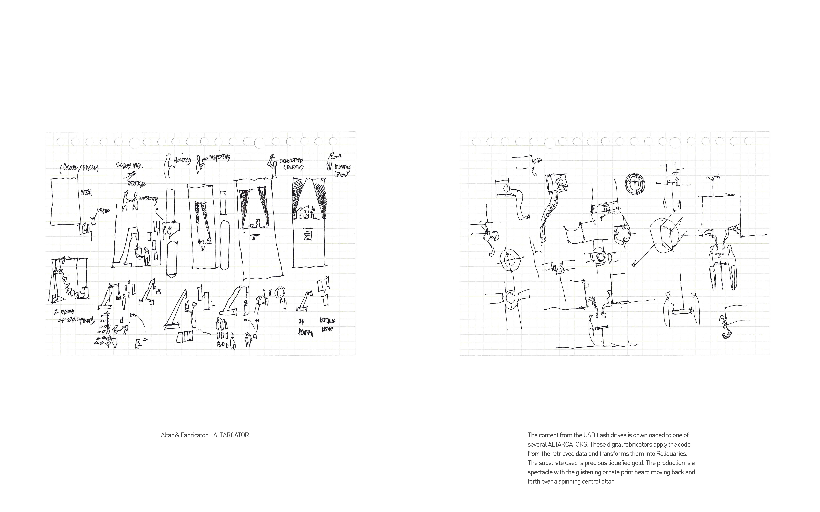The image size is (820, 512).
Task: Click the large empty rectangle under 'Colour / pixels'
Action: click(x=65, y=202)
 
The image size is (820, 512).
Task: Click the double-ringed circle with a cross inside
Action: click(x=635, y=184)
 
